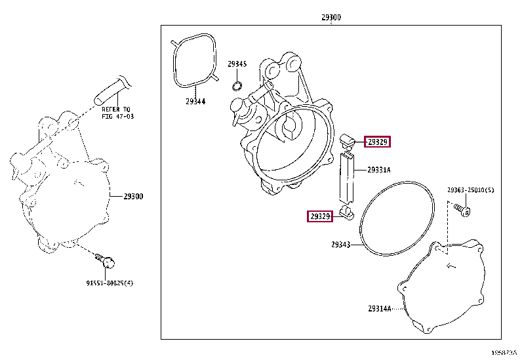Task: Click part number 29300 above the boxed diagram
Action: pos(331,18)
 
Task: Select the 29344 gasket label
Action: pos(195,101)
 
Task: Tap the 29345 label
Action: pos(237,64)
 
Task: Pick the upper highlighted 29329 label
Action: pos(378,142)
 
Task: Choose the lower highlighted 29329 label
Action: pos(320,216)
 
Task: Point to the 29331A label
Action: pos(378,170)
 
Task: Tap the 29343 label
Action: pos(340,245)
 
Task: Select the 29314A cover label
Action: pos(379,308)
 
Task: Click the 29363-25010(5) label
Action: pos(471,190)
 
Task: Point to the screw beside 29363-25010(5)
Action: pos(464,210)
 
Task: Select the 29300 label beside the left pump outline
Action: pos(133,196)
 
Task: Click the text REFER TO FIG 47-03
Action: pos(117,112)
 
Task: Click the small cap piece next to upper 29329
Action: pos(348,138)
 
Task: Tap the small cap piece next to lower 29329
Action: pos(347,212)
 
